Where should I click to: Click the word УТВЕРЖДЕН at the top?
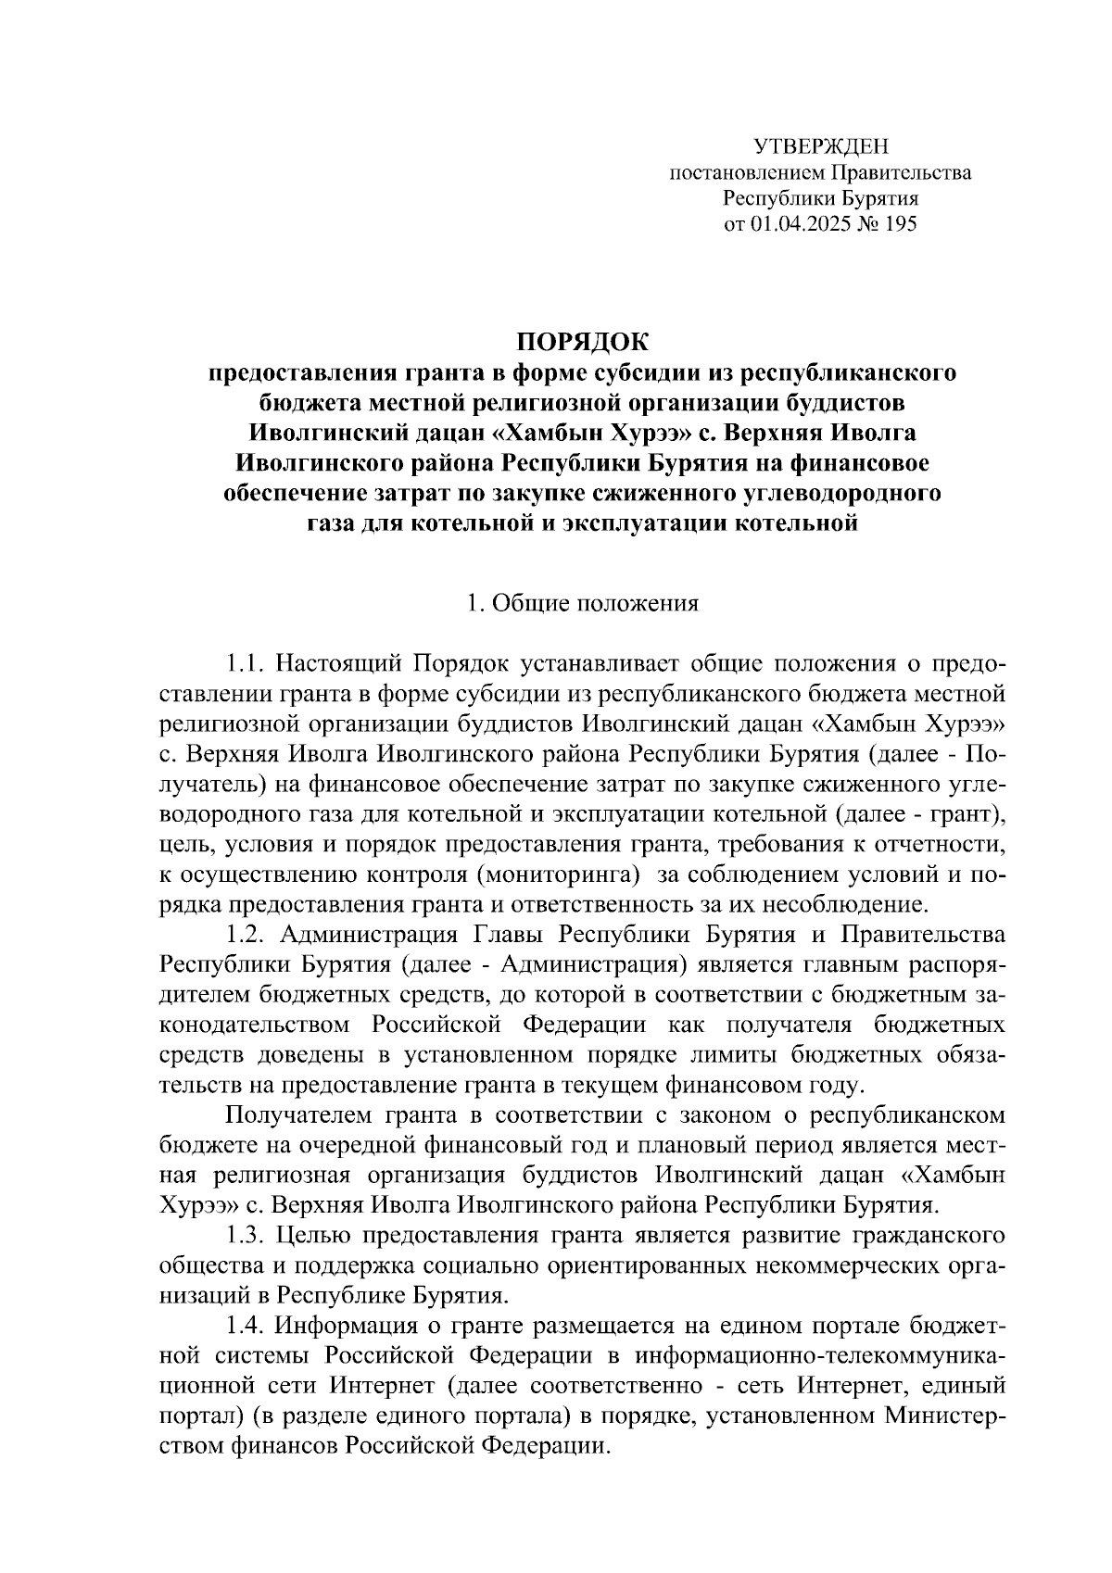(x=820, y=146)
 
